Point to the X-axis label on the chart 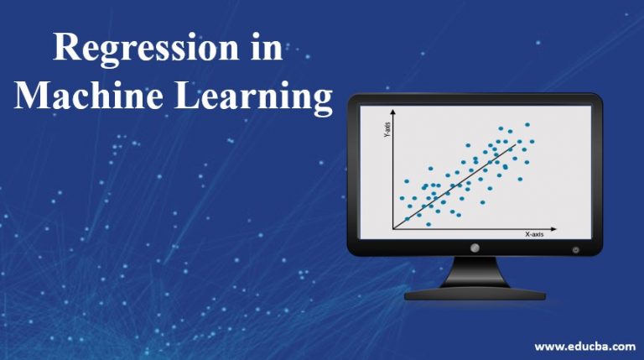534,234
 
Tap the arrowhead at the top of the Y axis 393,112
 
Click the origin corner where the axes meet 393,228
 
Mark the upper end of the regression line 516,143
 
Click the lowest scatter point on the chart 428,224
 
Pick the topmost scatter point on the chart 527,125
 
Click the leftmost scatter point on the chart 402,198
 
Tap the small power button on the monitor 575,249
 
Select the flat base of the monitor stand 475,295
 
